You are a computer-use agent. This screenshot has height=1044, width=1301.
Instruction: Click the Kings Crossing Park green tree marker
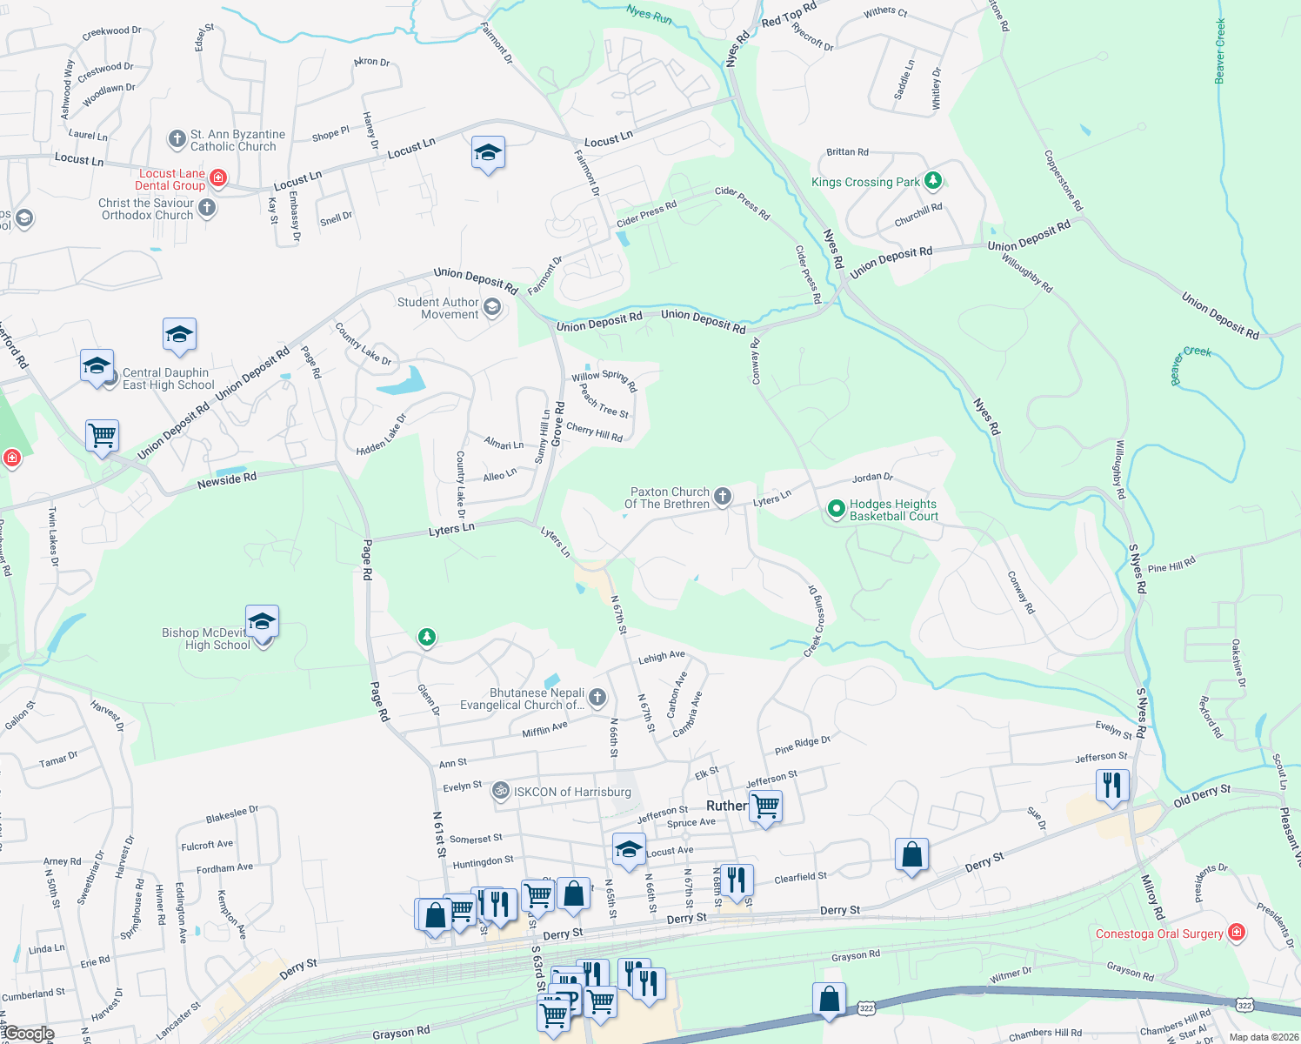pyautogui.click(x=933, y=181)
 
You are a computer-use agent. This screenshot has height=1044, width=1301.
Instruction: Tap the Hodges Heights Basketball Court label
pyautogui.click(x=893, y=510)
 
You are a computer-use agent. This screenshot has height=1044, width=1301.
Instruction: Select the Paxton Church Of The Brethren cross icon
pyautogui.click(x=723, y=497)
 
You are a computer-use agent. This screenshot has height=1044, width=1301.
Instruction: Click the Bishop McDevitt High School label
pyautogui.click(x=206, y=639)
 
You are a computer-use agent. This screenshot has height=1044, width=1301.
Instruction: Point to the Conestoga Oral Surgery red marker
pyautogui.click(x=1236, y=934)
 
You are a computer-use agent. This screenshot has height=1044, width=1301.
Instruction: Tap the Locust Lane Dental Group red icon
pyautogui.click(x=218, y=178)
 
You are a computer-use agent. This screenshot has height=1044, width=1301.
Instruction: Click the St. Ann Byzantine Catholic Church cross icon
pyautogui.click(x=177, y=139)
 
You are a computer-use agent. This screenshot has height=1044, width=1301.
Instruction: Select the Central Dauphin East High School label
pyautogui.click(x=168, y=378)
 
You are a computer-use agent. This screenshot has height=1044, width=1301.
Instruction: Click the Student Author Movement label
pyautogui.click(x=438, y=308)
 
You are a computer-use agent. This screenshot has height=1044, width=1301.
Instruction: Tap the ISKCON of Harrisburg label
pyautogui.click(x=572, y=792)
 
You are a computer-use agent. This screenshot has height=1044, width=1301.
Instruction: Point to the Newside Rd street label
pyautogui.click(x=227, y=479)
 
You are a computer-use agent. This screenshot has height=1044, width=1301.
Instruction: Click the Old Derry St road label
pyautogui.click(x=1202, y=795)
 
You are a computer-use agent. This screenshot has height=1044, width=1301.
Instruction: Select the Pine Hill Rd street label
pyautogui.click(x=1171, y=565)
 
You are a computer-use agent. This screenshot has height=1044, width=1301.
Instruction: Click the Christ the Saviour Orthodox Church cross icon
pyautogui.click(x=207, y=207)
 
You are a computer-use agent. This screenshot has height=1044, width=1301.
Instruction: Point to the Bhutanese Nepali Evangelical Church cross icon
pyautogui.click(x=597, y=697)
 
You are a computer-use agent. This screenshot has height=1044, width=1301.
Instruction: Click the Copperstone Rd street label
pyautogui.click(x=1063, y=181)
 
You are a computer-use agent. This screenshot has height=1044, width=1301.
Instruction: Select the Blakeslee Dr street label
pyautogui.click(x=232, y=814)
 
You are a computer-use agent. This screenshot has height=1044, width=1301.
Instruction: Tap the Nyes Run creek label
pyautogui.click(x=649, y=14)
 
